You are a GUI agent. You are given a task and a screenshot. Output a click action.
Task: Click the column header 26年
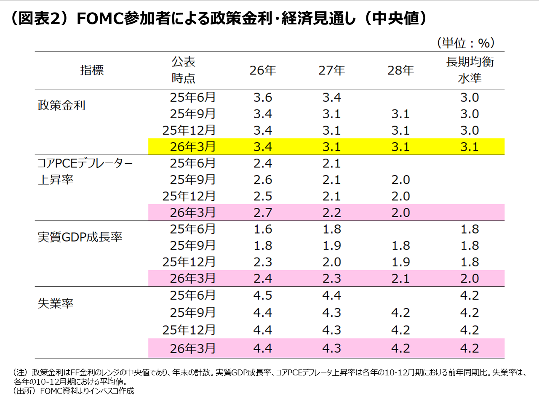[263, 70]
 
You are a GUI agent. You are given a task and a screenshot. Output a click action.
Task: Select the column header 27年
[331, 70]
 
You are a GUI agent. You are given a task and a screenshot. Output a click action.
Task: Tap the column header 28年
[400, 70]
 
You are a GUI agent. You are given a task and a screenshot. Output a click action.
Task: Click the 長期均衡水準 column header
[470, 70]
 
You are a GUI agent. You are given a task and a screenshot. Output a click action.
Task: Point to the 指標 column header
[92, 70]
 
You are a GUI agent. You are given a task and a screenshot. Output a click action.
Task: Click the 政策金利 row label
[61, 105]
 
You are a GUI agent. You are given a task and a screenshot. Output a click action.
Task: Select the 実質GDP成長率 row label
[80, 237]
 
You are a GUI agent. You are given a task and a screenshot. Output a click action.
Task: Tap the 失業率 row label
[56, 303]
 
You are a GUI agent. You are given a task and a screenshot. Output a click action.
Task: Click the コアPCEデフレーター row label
[85, 163]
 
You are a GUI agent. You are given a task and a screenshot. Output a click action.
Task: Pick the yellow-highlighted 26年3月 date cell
[192, 147]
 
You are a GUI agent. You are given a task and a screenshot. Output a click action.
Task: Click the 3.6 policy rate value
[263, 98]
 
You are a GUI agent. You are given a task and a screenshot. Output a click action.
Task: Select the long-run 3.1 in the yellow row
[470, 147]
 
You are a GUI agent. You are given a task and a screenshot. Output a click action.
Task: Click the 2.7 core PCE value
[263, 213]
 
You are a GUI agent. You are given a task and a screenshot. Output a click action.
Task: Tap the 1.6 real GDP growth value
[263, 229]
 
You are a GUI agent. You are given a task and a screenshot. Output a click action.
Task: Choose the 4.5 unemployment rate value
[263, 295]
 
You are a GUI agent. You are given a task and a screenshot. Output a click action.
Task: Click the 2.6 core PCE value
[263, 180]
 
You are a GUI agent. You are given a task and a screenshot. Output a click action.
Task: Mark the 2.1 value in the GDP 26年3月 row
[400, 279]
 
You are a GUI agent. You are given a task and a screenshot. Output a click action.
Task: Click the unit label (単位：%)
[466, 43]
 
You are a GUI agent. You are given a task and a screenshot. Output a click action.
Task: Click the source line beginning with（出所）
[74, 391]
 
